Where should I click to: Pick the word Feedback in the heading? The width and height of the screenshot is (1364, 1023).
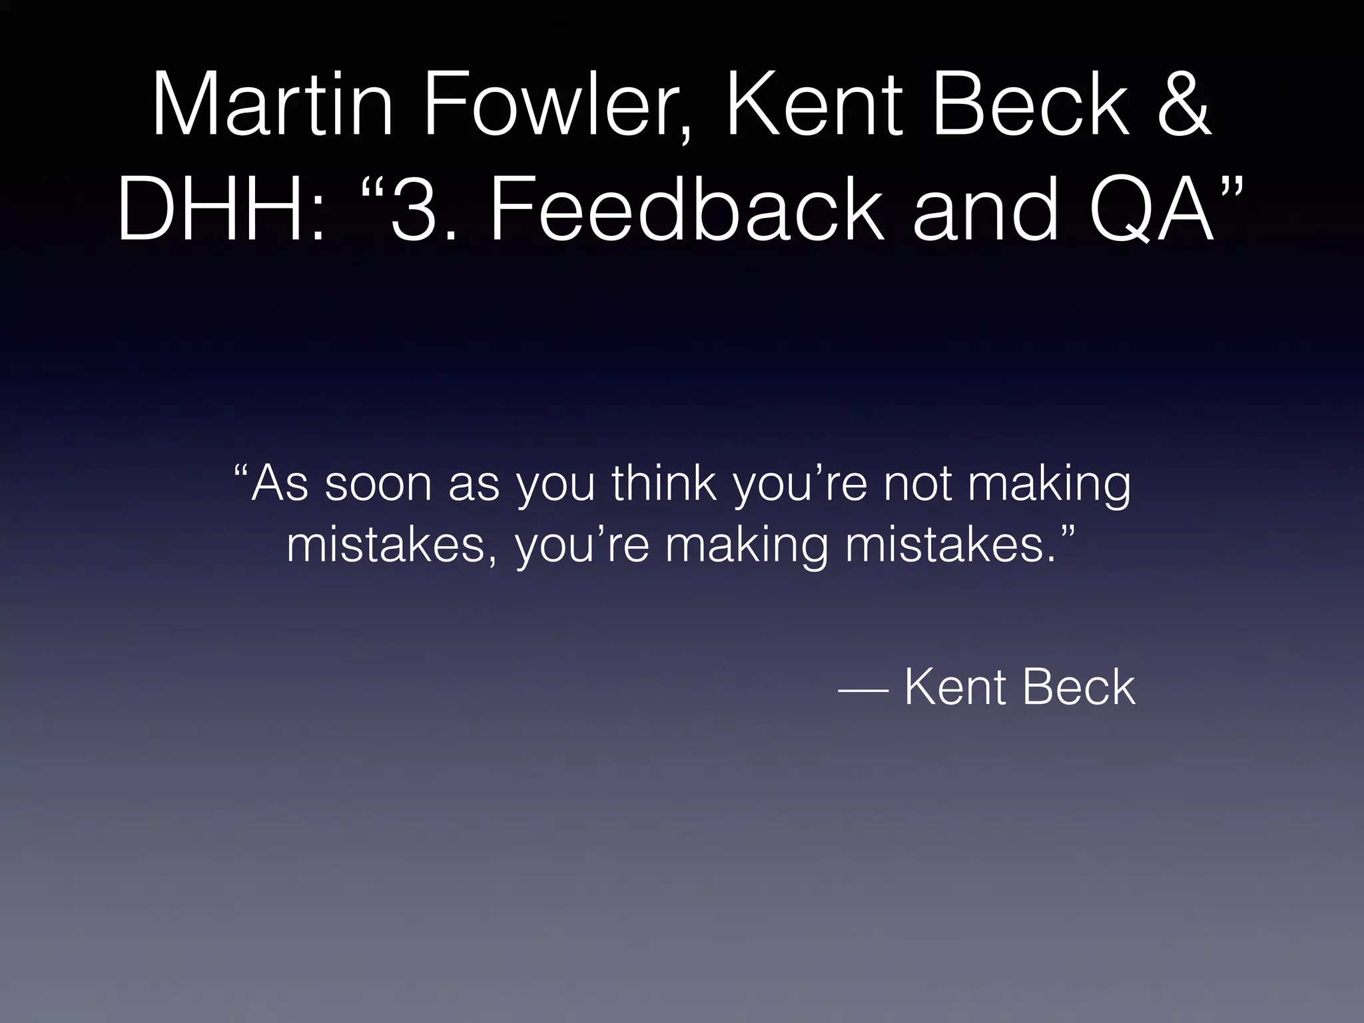(x=687, y=208)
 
